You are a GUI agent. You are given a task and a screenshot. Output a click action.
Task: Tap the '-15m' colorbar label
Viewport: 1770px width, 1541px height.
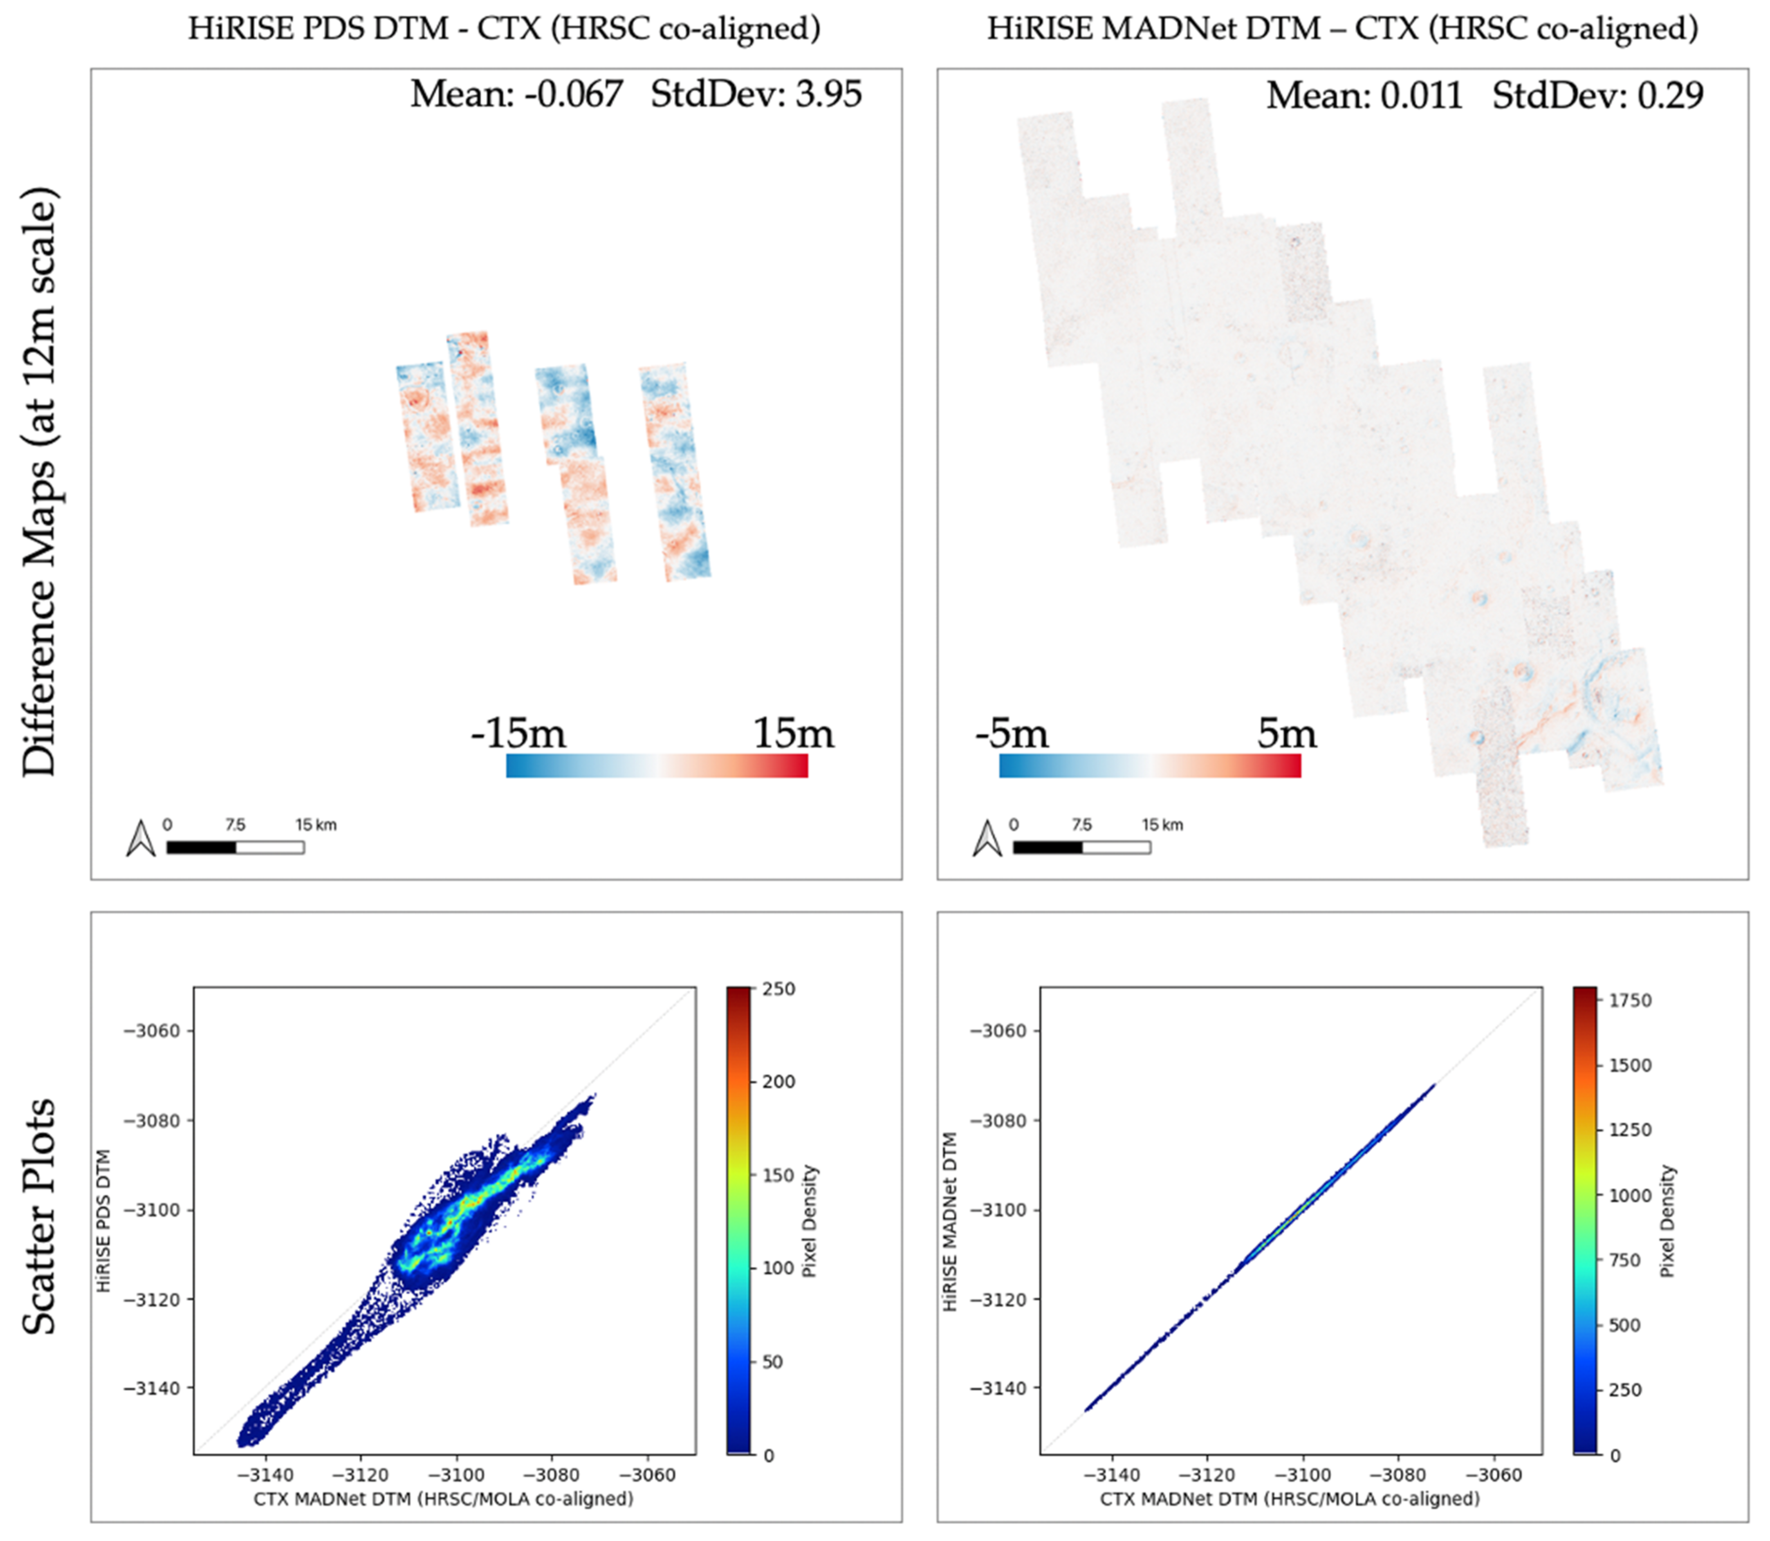coord(518,733)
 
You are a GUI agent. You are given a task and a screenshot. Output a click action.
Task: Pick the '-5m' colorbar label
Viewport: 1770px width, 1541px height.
coord(1012,733)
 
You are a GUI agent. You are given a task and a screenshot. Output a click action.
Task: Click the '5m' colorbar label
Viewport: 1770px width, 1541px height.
coord(1287,733)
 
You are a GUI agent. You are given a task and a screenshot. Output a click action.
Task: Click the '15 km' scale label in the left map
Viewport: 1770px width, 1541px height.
coord(316,825)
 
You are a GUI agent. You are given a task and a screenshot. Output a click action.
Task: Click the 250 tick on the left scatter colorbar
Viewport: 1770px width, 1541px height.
coord(779,989)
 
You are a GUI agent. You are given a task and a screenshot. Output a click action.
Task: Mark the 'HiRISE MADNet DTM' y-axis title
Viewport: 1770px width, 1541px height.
coord(950,1221)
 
